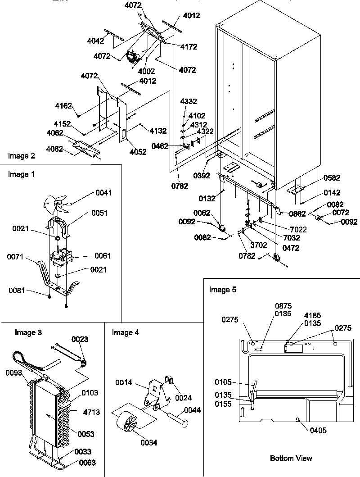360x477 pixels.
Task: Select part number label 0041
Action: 103,193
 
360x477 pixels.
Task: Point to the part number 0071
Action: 15,257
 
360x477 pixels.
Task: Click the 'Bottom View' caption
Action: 291,458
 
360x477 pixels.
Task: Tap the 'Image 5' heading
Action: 222,290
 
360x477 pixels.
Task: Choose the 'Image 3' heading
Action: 28,333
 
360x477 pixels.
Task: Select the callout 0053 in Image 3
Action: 85,434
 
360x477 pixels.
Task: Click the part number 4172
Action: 189,46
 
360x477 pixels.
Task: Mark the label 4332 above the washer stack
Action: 189,102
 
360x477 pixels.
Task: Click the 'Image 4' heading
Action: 126,333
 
